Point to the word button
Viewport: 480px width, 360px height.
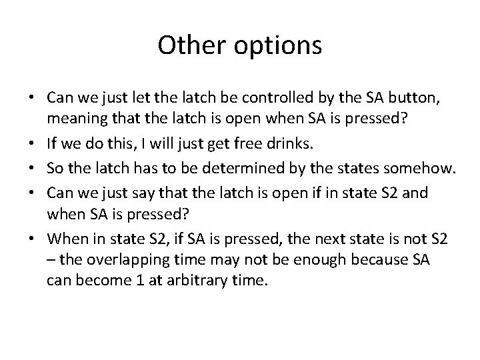click(407, 98)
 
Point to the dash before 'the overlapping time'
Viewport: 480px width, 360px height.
click(51, 259)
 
